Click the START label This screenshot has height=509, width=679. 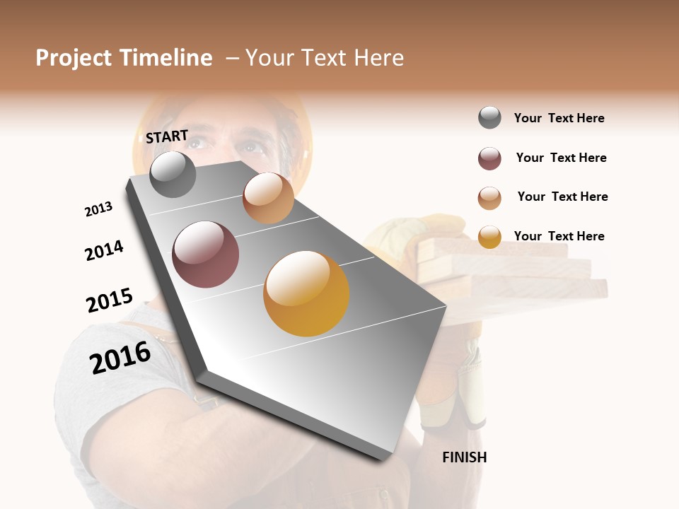167,136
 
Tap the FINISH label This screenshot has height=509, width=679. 465,457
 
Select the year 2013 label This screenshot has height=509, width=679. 98,209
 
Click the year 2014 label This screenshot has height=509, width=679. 104,250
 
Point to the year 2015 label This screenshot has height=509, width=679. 109,300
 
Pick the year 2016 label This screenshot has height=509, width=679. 120,357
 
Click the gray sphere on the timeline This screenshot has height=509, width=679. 173,174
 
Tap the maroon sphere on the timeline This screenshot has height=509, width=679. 205,255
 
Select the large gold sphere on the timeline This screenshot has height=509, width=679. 306,293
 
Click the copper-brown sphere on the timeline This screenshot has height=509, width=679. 268,198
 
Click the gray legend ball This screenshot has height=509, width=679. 489,118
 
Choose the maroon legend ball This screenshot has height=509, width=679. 489,158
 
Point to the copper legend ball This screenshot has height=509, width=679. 489,198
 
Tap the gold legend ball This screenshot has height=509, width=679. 489,237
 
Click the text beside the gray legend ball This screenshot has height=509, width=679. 559,118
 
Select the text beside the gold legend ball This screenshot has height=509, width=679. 559,236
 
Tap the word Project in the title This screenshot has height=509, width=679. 73,58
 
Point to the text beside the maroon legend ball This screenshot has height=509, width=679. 561,158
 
